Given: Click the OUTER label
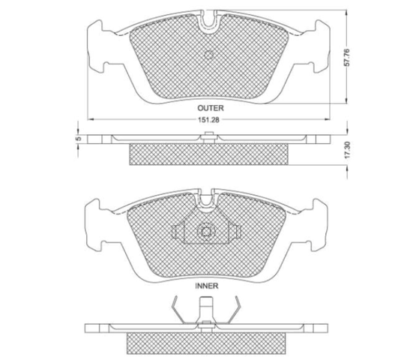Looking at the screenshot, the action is pos(211,108).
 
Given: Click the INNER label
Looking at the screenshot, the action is pos(207,286).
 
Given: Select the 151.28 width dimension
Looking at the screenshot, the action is pos(208,120).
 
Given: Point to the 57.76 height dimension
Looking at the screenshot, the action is pos(346,57).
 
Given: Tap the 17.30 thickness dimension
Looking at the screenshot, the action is pos(347,150).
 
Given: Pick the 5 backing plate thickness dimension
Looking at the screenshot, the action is pos(78,139).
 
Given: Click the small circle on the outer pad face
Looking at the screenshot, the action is pos(208,55).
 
